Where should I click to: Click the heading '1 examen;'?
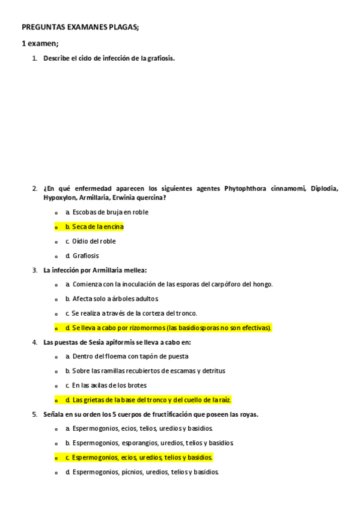[40, 43]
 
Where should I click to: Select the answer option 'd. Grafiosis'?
[82, 256]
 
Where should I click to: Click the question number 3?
[35, 270]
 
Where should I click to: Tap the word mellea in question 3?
[135, 270]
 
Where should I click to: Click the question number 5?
[35, 414]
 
